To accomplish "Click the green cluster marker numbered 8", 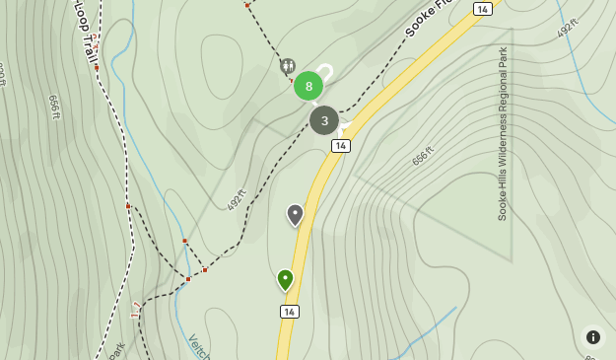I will (308, 86).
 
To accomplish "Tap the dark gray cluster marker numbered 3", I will (324, 120).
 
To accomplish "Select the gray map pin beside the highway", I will (295, 214).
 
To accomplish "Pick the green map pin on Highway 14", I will (285, 280).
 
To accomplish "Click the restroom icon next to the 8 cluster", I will (287, 66).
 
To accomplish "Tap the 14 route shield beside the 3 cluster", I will (341, 146).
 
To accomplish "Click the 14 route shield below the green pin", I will (289, 312).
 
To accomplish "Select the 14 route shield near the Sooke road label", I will (482, 9).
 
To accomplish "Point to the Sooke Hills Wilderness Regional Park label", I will (503, 134).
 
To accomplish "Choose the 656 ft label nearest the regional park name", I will (423, 156).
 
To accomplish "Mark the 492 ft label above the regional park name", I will (567, 29).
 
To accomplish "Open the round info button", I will (592, 336).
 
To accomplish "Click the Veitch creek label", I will (199, 346).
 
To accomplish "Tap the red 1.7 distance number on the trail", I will (136, 311).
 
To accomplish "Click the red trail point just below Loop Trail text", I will (97, 67).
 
